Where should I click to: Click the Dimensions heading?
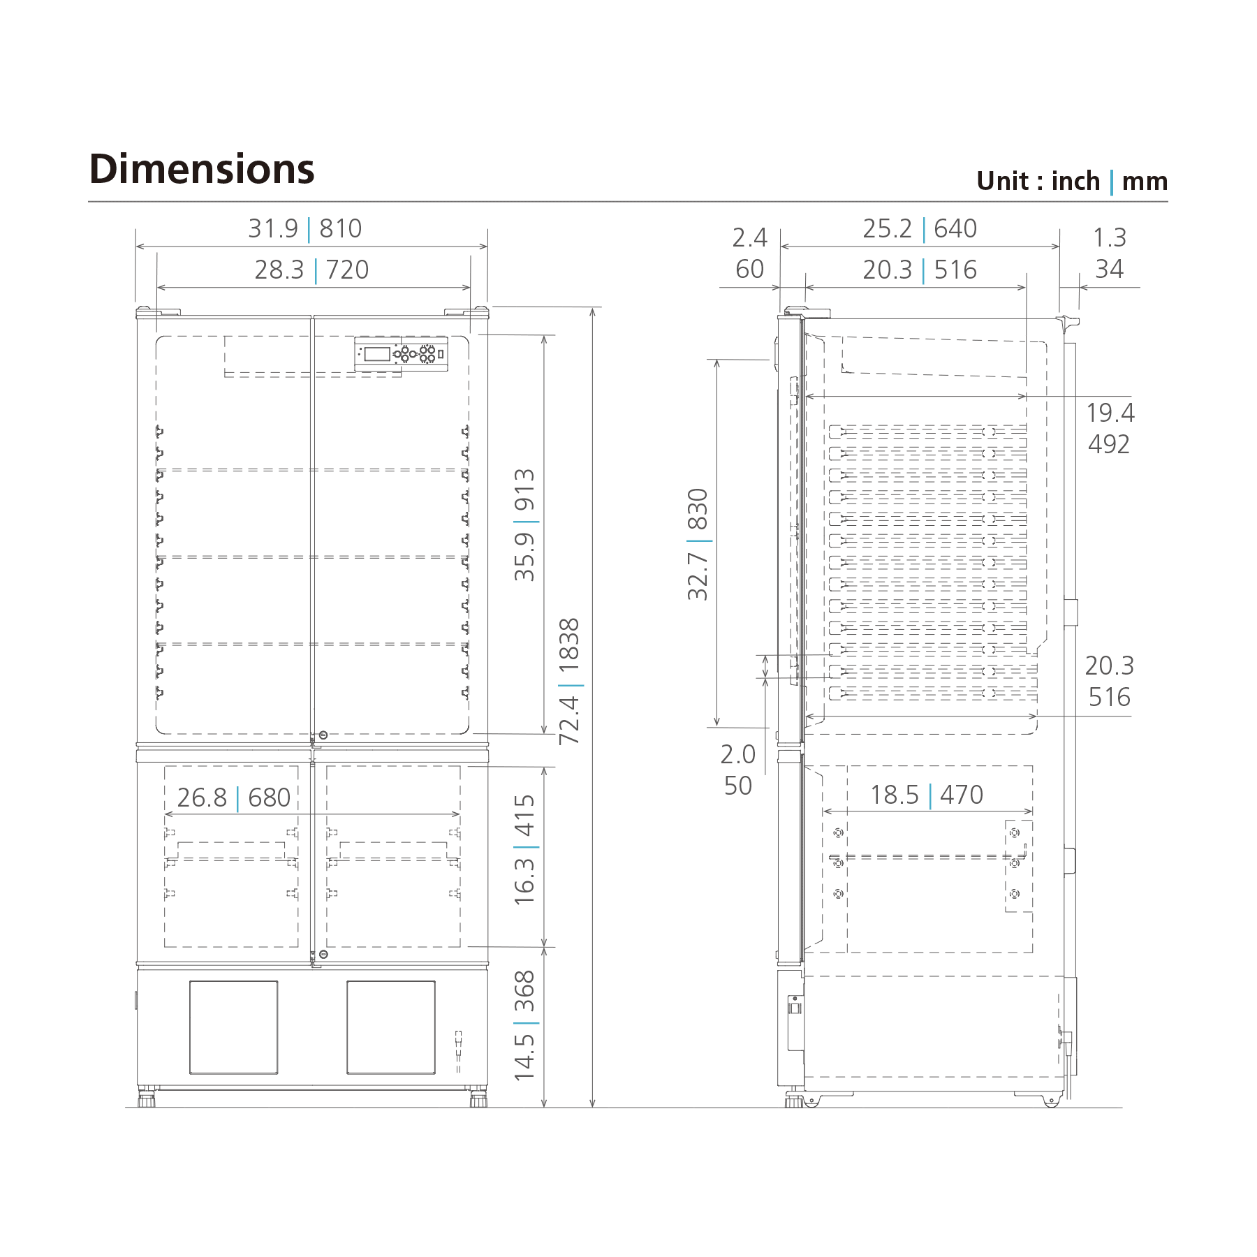click(x=202, y=170)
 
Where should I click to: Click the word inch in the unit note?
click(x=1075, y=182)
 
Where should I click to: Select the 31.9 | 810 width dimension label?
click(x=305, y=229)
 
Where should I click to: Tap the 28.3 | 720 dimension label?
click(x=311, y=270)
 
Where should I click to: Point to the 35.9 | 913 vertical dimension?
click(x=524, y=524)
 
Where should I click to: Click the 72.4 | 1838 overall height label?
click(x=570, y=681)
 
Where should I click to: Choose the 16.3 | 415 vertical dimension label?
click(x=524, y=849)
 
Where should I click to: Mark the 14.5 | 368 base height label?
click(x=524, y=1025)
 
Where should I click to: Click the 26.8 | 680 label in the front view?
click(x=234, y=797)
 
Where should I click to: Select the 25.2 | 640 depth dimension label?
click(x=919, y=229)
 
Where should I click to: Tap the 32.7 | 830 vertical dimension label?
click(x=698, y=544)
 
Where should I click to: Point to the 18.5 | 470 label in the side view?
click(x=926, y=795)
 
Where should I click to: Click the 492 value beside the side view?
click(x=1108, y=444)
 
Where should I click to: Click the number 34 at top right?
click(x=1109, y=269)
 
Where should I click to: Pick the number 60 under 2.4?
click(x=749, y=269)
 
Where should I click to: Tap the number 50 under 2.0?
click(x=737, y=786)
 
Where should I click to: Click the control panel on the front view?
click(x=401, y=354)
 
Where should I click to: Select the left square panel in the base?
click(x=233, y=1027)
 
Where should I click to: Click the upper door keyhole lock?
click(x=323, y=735)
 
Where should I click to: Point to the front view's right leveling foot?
click(x=478, y=1099)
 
